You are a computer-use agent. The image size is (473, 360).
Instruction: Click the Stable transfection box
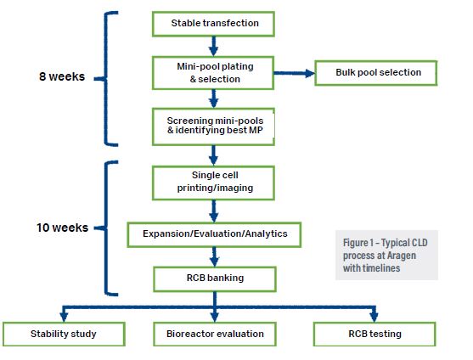[x=213, y=24]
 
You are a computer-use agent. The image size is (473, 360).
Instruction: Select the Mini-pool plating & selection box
[x=213, y=73]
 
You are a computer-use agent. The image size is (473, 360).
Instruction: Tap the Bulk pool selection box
[x=376, y=73]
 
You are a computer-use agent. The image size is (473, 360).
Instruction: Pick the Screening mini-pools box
[x=213, y=127]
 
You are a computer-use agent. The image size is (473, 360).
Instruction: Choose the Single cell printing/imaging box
[x=213, y=183]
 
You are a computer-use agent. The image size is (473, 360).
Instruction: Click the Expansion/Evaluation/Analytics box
[x=214, y=234]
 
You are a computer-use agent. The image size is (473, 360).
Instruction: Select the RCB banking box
[x=215, y=278]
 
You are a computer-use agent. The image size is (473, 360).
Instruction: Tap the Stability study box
[x=64, y=334]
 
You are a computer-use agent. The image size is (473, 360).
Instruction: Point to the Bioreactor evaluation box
[x=215, y=334]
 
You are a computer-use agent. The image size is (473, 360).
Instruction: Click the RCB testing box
[x=374, y=334]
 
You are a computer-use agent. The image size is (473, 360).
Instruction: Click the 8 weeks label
[x=62, y=76]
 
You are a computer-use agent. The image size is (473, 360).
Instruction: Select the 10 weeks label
[x=63, y=228]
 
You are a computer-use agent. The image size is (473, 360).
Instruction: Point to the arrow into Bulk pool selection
[x=294, y=73]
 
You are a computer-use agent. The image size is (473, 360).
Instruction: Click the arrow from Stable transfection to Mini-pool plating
[x=214, y=47]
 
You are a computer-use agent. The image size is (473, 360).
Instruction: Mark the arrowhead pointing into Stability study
[x=64, y=318]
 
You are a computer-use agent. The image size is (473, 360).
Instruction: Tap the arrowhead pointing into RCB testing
[x=374, y=318]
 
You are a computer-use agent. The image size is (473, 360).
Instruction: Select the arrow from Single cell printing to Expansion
[x=214, y=211]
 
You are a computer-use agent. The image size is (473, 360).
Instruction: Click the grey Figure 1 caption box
[x=386, y=255]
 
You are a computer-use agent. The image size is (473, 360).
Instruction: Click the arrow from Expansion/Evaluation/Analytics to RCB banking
[x=215, y=257]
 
